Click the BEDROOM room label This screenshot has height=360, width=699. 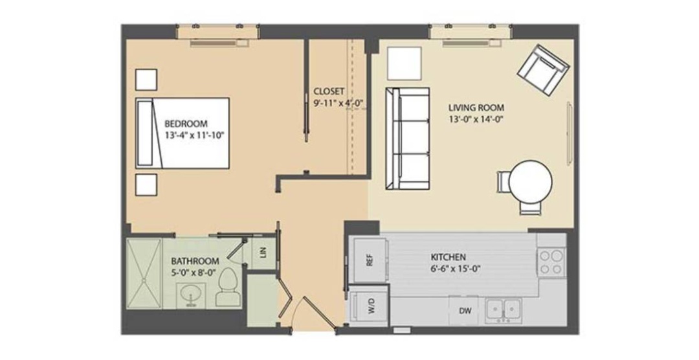pos(186,124)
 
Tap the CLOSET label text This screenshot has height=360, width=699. pos(329,91)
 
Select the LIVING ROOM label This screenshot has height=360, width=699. pos(476,107)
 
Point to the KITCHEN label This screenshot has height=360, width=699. pos(448,257)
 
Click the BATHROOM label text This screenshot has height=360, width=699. pos(195,261)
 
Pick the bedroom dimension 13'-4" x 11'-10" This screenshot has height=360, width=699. pos(193,135)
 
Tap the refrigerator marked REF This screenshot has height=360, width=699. pos(369,260)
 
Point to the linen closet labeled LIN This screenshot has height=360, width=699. pos(263,253)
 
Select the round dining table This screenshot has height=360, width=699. pos(531,182)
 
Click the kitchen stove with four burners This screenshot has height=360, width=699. pos(551,262)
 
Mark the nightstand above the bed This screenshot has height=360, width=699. pos(146,80)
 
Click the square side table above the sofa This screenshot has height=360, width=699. pos(404,63)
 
